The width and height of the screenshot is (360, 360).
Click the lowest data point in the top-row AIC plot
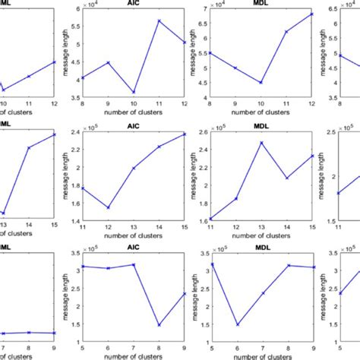(134, 92)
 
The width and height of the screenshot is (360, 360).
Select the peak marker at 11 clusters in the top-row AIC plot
(159, 21)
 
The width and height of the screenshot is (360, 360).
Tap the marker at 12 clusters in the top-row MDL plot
(290, 14)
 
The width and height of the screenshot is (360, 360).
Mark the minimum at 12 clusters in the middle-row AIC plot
(109, 207)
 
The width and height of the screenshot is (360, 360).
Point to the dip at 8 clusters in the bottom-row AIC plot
(159, 325)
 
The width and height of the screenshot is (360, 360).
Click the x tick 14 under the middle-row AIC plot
(159, 227)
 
